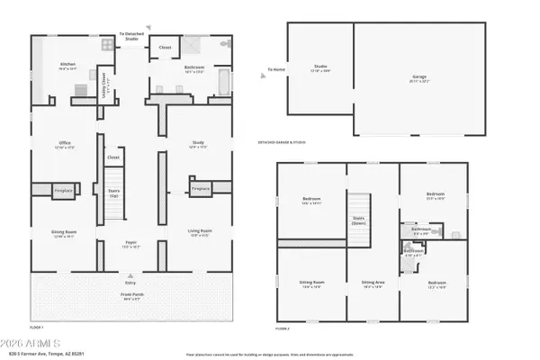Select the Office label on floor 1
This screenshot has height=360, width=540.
65,143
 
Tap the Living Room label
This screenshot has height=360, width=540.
199,233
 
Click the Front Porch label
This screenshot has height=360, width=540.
132,296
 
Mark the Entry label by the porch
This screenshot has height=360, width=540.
130,281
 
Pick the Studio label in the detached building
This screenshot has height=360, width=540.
320,66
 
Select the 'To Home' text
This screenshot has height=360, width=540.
275,69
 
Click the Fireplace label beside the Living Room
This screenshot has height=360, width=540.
200,189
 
